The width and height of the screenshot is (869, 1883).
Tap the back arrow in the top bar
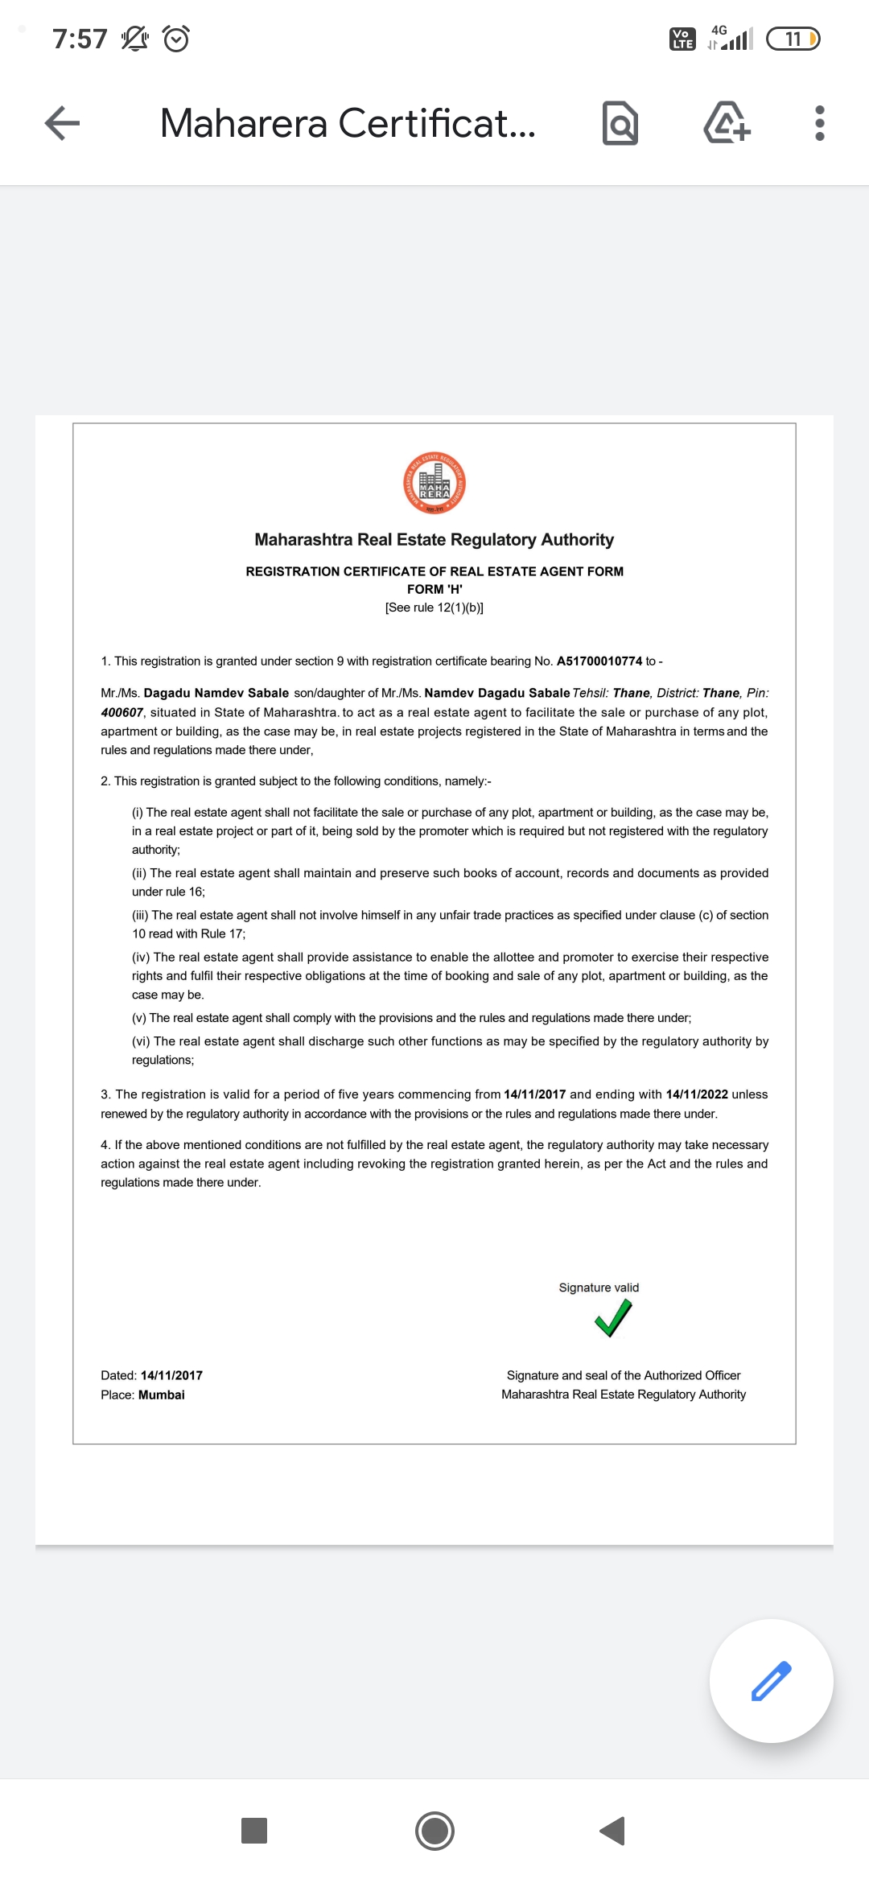[62, 123]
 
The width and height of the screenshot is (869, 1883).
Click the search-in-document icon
[620, 123]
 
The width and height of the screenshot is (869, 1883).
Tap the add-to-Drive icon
[727, 123]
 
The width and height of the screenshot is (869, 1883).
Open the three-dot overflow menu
[819, 123]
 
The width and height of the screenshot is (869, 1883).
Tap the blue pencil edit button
[771, 1680]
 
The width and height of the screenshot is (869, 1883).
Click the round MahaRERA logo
[434, 483]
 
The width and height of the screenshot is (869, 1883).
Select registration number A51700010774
[599, 661]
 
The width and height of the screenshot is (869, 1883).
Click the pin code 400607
[121, 712]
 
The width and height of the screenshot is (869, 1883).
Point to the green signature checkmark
[613, 1318]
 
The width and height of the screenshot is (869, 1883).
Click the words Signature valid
[599, 1288]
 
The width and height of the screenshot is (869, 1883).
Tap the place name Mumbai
[162, 1395]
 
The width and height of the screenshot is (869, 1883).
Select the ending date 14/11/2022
[697, 1094]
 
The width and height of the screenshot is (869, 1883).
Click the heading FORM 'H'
[434, 589]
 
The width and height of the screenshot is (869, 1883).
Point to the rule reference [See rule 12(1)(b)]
[434, 608]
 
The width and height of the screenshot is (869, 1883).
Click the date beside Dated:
[171, 1375]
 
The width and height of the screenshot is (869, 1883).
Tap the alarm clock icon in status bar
[176, 39]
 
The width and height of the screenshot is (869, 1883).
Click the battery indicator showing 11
[793, 39]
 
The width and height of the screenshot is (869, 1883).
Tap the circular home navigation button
[434, 1831]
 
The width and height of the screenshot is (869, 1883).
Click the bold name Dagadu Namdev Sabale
[216, 693]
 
